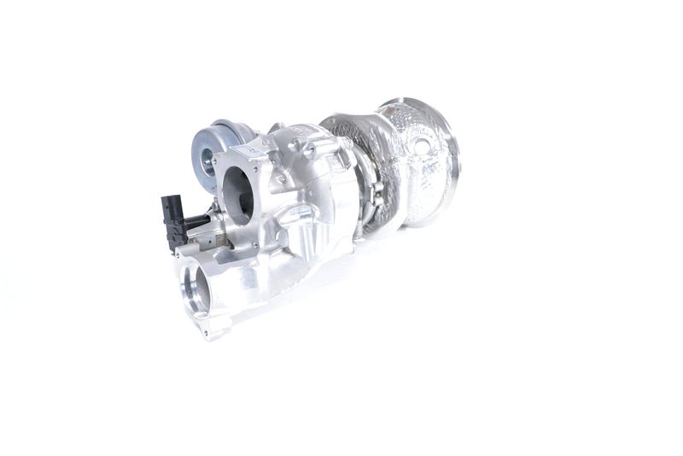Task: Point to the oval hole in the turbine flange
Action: tap(421, 149)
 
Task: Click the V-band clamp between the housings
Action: tap(369, 192)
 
